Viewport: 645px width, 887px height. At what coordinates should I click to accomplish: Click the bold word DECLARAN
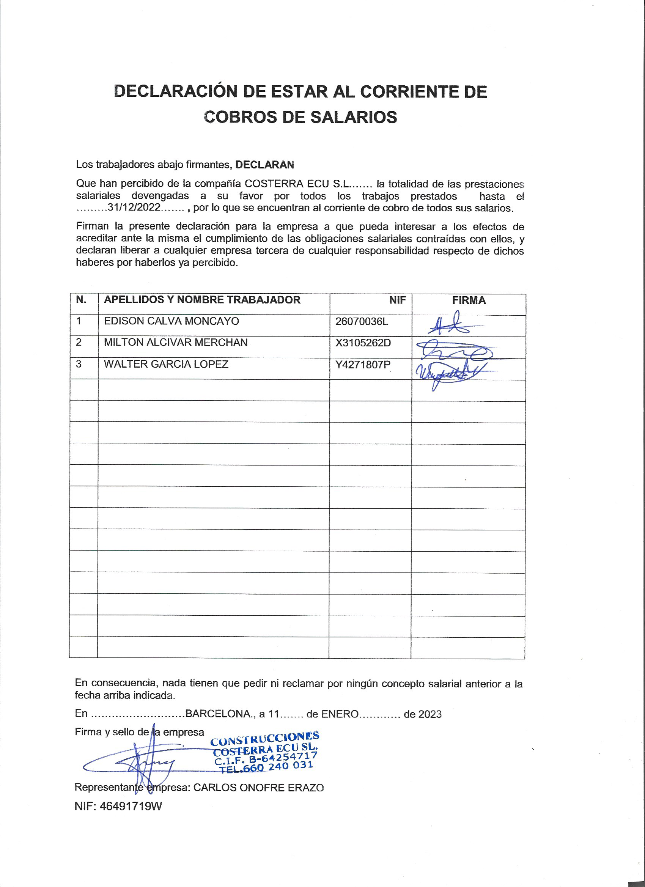265,165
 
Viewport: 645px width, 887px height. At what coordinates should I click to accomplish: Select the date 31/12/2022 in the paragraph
134,207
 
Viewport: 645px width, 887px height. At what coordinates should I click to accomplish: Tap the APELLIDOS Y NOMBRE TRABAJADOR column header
202,300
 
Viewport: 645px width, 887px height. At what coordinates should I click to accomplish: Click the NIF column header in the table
397,300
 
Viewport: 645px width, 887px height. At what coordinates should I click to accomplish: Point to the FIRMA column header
469,300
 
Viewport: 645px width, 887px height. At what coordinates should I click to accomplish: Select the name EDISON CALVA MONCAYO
171,321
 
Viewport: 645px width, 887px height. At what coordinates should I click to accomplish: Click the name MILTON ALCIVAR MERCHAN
176,343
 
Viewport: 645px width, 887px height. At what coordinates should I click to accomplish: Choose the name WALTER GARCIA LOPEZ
166,364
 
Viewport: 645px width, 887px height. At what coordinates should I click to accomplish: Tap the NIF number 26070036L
362,321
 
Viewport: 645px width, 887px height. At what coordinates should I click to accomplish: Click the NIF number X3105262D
363,343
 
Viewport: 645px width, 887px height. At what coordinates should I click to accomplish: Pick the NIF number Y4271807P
363,365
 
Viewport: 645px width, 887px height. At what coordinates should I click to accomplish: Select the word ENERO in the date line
340,714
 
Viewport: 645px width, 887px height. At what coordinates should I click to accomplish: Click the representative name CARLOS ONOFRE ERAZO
258,788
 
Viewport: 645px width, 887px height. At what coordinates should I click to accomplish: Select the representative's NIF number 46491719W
131,807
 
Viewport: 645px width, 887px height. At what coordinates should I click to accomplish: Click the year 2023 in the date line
429,714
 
